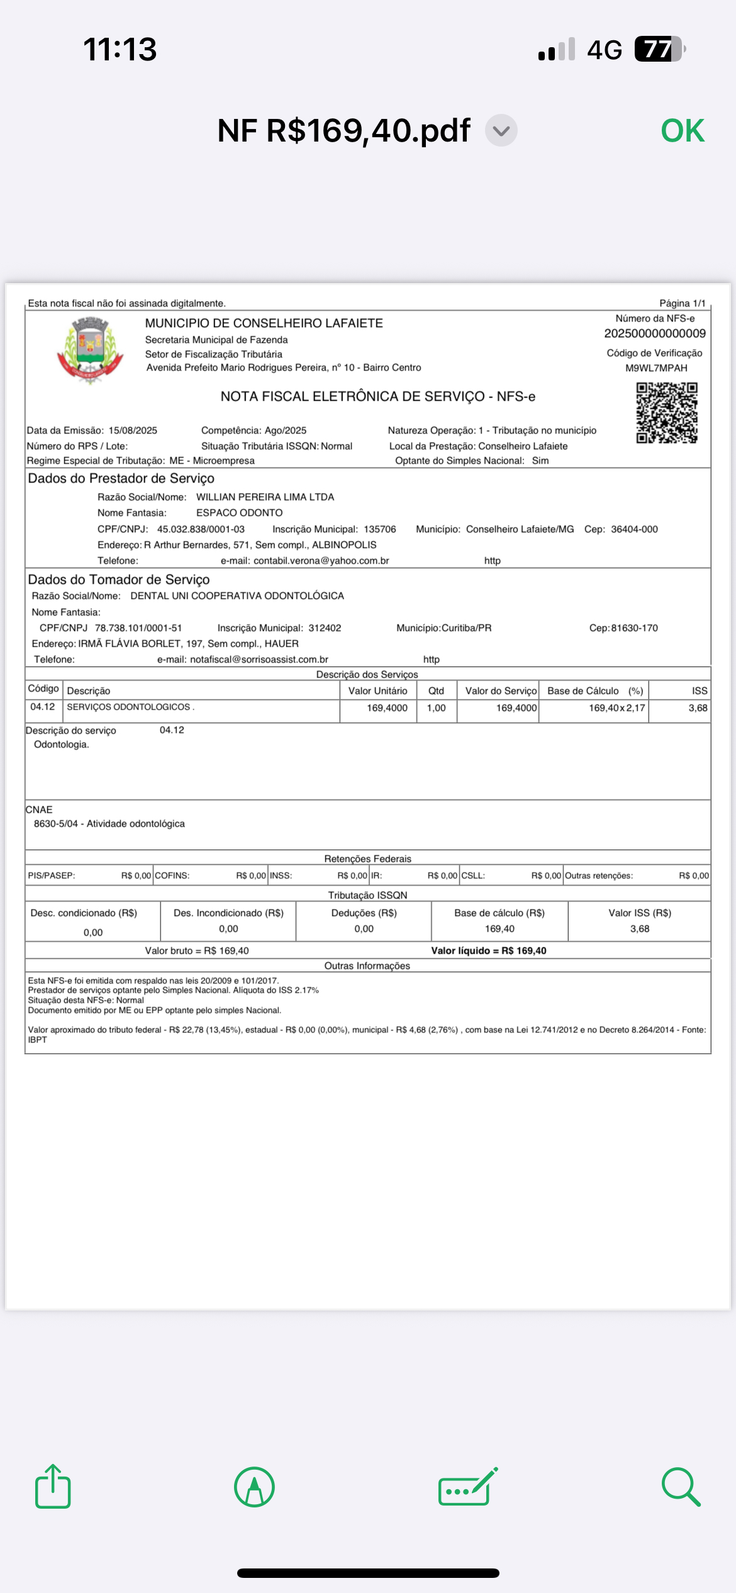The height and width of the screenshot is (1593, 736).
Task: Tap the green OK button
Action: point(683,131)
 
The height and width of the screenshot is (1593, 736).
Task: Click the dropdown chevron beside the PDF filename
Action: point(501,131)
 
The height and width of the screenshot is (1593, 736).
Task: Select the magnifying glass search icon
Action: point(681,1487)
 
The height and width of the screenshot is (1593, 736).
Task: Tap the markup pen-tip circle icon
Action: point(254,1487)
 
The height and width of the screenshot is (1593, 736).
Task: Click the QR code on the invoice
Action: point(667,413)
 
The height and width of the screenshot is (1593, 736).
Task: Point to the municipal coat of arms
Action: point(90,349)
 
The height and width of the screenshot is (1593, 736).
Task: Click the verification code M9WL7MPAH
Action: point(656,368)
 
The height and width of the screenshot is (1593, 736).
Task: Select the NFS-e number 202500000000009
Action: point(655,333)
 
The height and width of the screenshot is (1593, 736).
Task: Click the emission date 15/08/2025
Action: point(133,430)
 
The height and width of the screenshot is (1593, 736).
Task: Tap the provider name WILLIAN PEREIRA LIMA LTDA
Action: point(265,497)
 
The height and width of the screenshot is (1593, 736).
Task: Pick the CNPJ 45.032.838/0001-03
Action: point(201,529)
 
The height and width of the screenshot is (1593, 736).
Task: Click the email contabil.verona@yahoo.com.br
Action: point(321,561)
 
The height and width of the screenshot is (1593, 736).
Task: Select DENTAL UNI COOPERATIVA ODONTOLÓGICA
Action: point(237,596)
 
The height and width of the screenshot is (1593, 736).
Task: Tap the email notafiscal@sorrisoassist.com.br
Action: point(259,659)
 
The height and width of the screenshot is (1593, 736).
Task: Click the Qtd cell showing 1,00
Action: point(436,708)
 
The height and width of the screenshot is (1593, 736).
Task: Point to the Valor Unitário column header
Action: point(377,691)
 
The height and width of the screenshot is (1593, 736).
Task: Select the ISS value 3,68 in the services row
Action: point(698,708)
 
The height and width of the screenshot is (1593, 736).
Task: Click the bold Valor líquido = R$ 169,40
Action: point(489,951)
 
